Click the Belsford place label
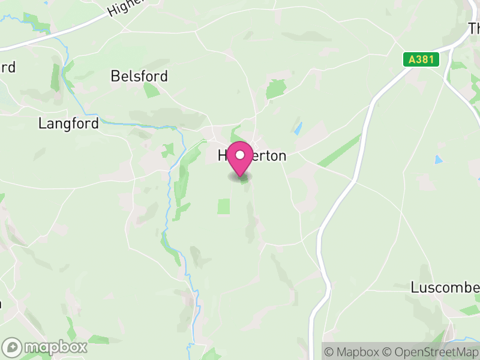pyautogui.click(x=139, y=77)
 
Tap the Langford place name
pyautogui.click(x=68, y=124)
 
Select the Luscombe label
pyautogui.click(x=445, y=287)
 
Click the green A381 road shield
pyautogui.click(x=421, y=59)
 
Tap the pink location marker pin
pyautogui.click(x=241, y=158)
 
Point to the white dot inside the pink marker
pyautogui.click(x=241, y=155)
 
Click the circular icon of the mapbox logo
pyautogui.click(x=12, y=347)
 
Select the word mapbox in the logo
pyautogui.click(x=55, y=347)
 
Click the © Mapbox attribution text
pyautogui.click(x=353, y=352)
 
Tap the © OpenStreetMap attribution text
pyautogui.click(x=430, y=352)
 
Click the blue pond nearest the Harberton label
pyautogui.click(x=298, y=128)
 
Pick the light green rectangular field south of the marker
pyautogui.click(x=223, y=206)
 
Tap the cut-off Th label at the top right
pyautogui.click(x=473, y=28)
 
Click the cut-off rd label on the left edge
pyautogui.click(x=7, y=67)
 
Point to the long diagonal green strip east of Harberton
pyautogui.click(x=339, y=151)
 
